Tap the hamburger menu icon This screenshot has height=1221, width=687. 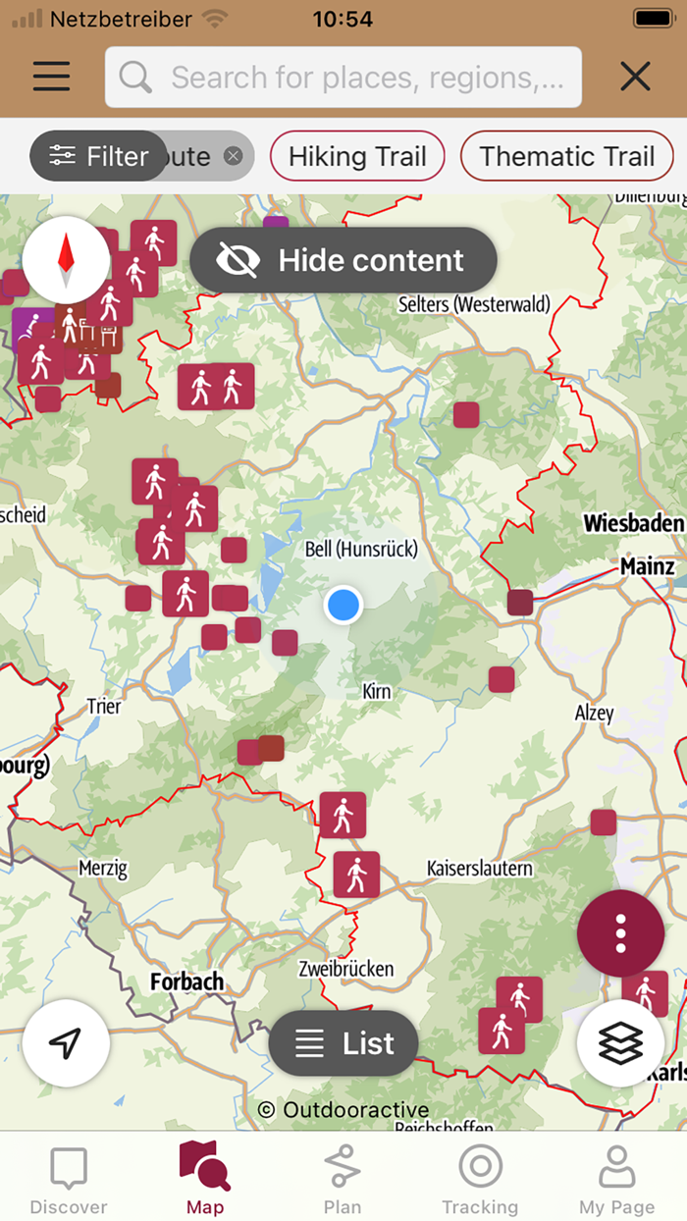tap(51, 77)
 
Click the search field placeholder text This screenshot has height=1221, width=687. tap(367, 77)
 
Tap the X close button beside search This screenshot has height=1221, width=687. tap(636, 77)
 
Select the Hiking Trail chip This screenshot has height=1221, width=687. tap(357, 156)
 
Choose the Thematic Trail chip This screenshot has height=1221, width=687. tap(566, 156)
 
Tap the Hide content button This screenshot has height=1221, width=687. tap(343, 260)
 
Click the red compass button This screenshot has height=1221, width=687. tap(66, 259)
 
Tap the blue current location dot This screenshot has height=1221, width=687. tap(343, 605)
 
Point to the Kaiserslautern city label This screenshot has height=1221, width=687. tap(480, 868)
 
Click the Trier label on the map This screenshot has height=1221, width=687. tap(104, 706)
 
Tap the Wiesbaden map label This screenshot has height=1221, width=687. tap(632, 523)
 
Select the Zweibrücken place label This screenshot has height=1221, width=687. tap(345, 969)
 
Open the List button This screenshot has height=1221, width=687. tap(343, 1043)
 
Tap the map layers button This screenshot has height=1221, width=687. tap(620, 1043)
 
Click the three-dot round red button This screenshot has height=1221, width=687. tap(620, 933)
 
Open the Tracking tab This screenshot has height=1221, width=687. tap(480, 1181)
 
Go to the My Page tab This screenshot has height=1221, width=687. tap(616, 1181)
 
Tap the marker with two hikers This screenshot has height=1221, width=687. tap(216, 387)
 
